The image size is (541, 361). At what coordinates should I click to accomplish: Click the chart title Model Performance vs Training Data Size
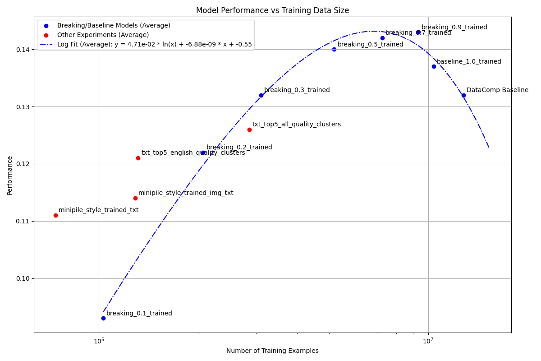pos(272,10)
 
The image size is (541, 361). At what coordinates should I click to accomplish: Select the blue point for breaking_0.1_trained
pos(103,318)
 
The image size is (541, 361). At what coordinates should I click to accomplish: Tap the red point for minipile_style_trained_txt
pos(55,215)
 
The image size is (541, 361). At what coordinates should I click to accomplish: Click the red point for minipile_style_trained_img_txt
pos(135,198)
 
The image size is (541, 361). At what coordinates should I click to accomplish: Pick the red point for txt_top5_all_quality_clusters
pos(249,130)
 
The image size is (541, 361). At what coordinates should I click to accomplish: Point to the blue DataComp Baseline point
pos(463,95)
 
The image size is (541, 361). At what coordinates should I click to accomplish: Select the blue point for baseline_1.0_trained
pos(434,66)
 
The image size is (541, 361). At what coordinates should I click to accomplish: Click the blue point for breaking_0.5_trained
pos(334,49)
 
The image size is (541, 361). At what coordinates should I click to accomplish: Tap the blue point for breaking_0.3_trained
pos(261,95)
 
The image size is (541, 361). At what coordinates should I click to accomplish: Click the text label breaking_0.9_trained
pos(454,28)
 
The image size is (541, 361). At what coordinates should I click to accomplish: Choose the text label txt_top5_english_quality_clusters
pos(193,153)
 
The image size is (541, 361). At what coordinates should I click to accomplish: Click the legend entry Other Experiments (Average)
pos(103,35)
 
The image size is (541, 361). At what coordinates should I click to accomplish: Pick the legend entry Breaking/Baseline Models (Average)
pos(114,25)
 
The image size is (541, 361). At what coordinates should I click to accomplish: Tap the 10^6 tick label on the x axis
pos(99,340)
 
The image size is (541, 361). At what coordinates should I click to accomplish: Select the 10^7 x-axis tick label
pos(428,340)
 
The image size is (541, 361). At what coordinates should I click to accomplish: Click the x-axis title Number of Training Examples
pos(272,351)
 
